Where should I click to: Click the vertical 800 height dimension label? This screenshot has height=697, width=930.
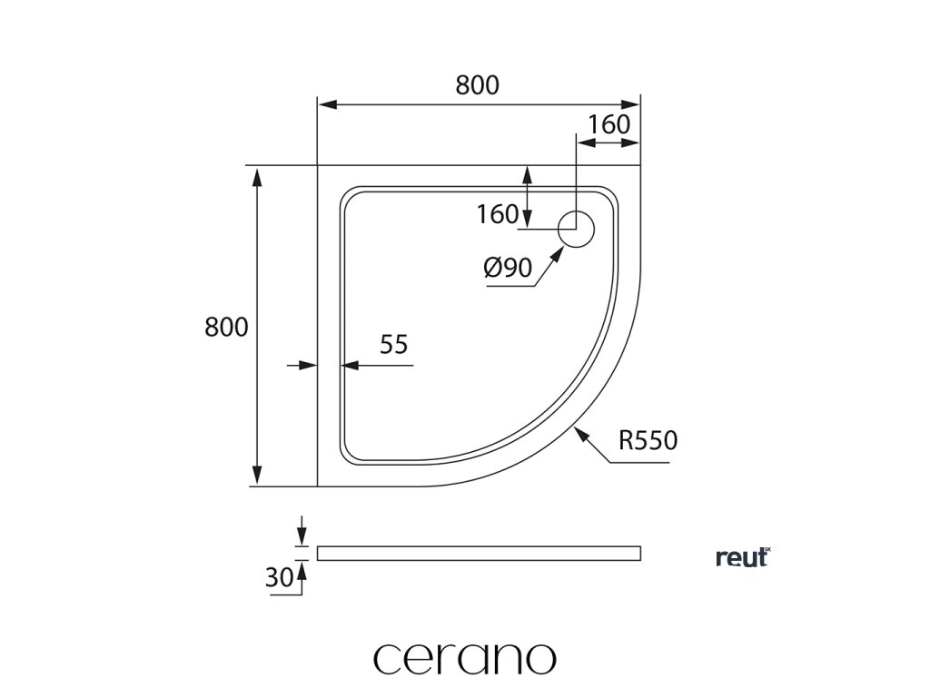226,327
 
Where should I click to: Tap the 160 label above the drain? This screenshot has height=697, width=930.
608,124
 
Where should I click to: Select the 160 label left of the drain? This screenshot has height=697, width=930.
497,215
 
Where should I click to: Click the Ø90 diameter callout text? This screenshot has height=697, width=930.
508,268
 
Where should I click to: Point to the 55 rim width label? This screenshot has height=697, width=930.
393,344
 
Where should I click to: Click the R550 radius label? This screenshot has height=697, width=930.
648,442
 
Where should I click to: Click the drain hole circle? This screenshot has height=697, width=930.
576,230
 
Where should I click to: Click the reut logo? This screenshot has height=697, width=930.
743,557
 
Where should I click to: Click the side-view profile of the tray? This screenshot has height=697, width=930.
478,553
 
